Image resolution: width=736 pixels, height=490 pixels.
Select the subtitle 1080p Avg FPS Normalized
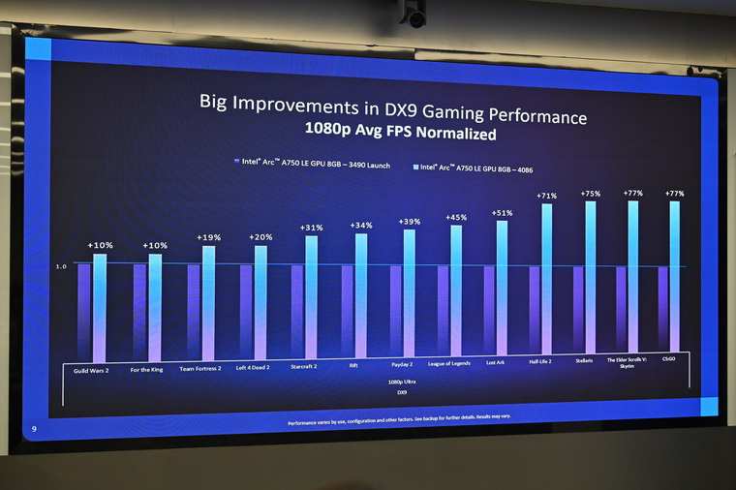[x=400, y=134]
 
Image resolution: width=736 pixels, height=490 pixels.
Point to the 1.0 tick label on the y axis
[x=61, y=266]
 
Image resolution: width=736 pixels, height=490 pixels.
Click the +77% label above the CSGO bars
[x=674, y=194]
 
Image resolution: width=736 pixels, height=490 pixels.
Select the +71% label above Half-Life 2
[x=546, y=196]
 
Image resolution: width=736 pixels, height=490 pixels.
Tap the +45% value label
[x=456, y=218]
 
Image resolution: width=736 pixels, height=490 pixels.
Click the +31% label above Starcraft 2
[x=312, y=228]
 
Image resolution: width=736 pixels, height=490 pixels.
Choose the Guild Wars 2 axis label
[x=93, y=368]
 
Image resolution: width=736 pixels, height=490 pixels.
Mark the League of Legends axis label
[x=448, y=364]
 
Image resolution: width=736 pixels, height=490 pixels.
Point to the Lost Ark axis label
[x=495, y=363]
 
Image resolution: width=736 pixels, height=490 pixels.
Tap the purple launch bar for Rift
[x=347, y=311]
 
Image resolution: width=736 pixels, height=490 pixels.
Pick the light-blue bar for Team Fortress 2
[x=208, y=301]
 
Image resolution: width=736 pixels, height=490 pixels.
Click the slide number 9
[x=35, y=429]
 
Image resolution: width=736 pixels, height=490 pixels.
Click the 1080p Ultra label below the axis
[x=390, y=382]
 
